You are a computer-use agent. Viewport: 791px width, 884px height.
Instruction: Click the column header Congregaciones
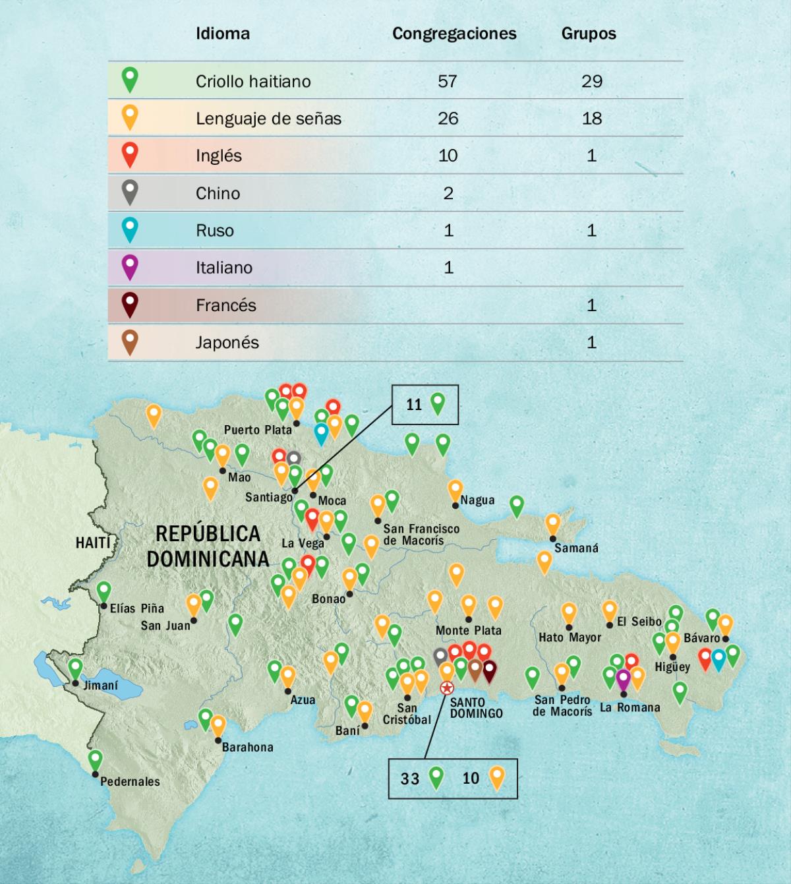(x=454, y=34)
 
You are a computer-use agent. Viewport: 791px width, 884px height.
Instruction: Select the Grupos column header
(x=589, y=34)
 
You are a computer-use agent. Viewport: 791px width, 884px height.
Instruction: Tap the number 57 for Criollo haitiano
(x=448, y=81)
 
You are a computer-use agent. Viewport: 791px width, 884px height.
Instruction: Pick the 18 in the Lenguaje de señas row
(x=591, y=119)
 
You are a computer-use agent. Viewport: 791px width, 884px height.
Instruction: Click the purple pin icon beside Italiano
(x=130, y=266)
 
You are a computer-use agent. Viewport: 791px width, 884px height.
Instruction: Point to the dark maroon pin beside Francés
(x=130, y=304)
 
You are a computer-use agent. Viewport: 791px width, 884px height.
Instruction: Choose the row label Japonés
(x=227, y=343)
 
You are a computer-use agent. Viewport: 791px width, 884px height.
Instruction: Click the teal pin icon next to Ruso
(x=130, y=229)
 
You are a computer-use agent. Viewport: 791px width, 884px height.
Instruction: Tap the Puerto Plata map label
(x=258, y=430)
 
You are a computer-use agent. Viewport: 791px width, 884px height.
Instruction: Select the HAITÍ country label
(x=93, y=543)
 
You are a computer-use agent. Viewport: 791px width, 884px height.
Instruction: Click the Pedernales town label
(x=130, y=782)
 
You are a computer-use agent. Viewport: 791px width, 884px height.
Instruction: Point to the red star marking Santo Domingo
(x=447, y=688)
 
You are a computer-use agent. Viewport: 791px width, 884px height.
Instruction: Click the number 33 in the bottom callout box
(x=410, y=779)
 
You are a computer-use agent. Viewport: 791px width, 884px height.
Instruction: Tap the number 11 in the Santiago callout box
(x=414, y=405)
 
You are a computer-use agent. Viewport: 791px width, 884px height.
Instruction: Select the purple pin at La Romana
(x=623, y=678)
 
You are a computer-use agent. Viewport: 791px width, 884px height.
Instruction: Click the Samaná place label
(x=576, y=548)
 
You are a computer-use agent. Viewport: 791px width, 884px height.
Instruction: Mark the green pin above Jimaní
(x=76, y=668)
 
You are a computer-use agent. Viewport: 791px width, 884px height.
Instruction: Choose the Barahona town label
(x=247, y=748)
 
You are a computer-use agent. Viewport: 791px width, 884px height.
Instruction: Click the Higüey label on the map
(x=672, y=667)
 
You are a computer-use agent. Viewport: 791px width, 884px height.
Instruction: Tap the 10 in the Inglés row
(x=448, y=156)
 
